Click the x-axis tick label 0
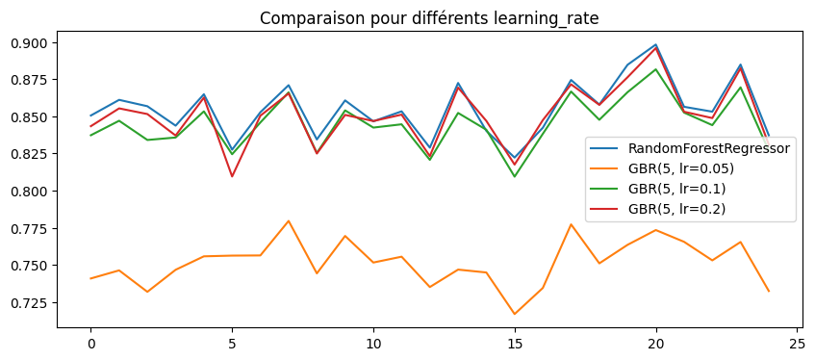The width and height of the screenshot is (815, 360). [x=91, y=342]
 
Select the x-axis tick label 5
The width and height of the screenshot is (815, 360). [x=232, y=342]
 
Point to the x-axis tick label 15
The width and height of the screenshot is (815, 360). [x=514, y=342]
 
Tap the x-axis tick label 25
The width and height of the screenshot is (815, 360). [x=796, y=342]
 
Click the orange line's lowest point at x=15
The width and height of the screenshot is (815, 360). [x=514, y=314]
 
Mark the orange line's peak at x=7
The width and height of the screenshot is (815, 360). [x=289, y=221]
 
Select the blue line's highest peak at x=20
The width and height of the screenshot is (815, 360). [x=655, y=44]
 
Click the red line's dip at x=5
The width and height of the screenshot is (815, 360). [x=232, y=176]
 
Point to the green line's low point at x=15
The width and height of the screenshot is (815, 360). [x=514, y=176]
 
